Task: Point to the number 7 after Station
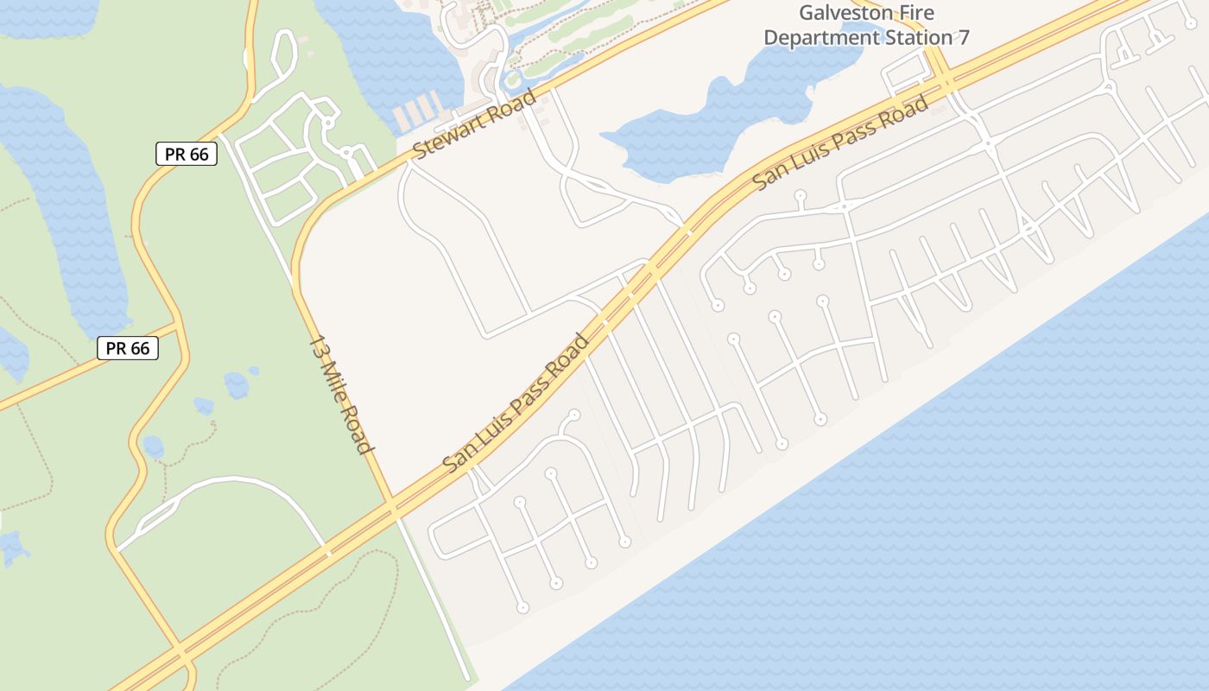point(964,37)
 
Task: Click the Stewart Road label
point(474,124)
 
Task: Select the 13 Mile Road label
point(341,394)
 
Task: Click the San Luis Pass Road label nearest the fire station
point(841,143)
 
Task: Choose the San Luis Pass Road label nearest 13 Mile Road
point(516,402)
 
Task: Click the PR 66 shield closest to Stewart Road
point(186,155)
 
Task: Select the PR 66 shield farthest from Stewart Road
point(128,348)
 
